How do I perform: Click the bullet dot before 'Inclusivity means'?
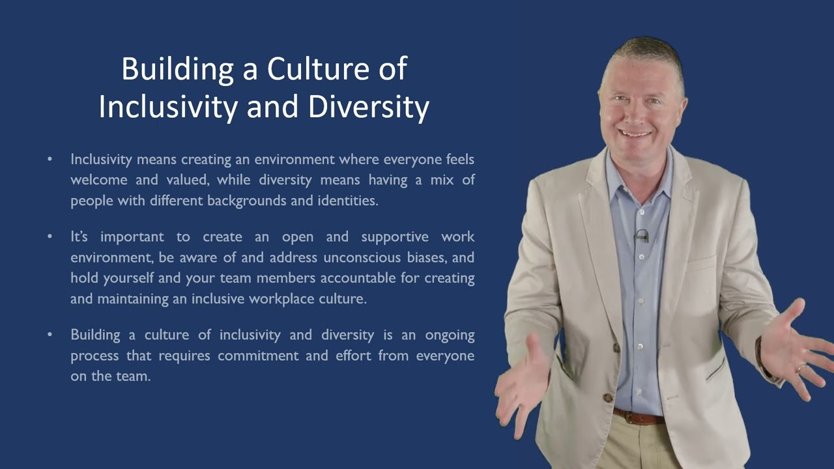(50, 159)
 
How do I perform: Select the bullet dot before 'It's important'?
(50, 236)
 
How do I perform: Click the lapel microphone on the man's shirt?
(642, 235)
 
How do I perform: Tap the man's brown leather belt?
(639, 416)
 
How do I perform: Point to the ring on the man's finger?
(801, 369)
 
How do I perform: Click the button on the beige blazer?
(607, 397)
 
